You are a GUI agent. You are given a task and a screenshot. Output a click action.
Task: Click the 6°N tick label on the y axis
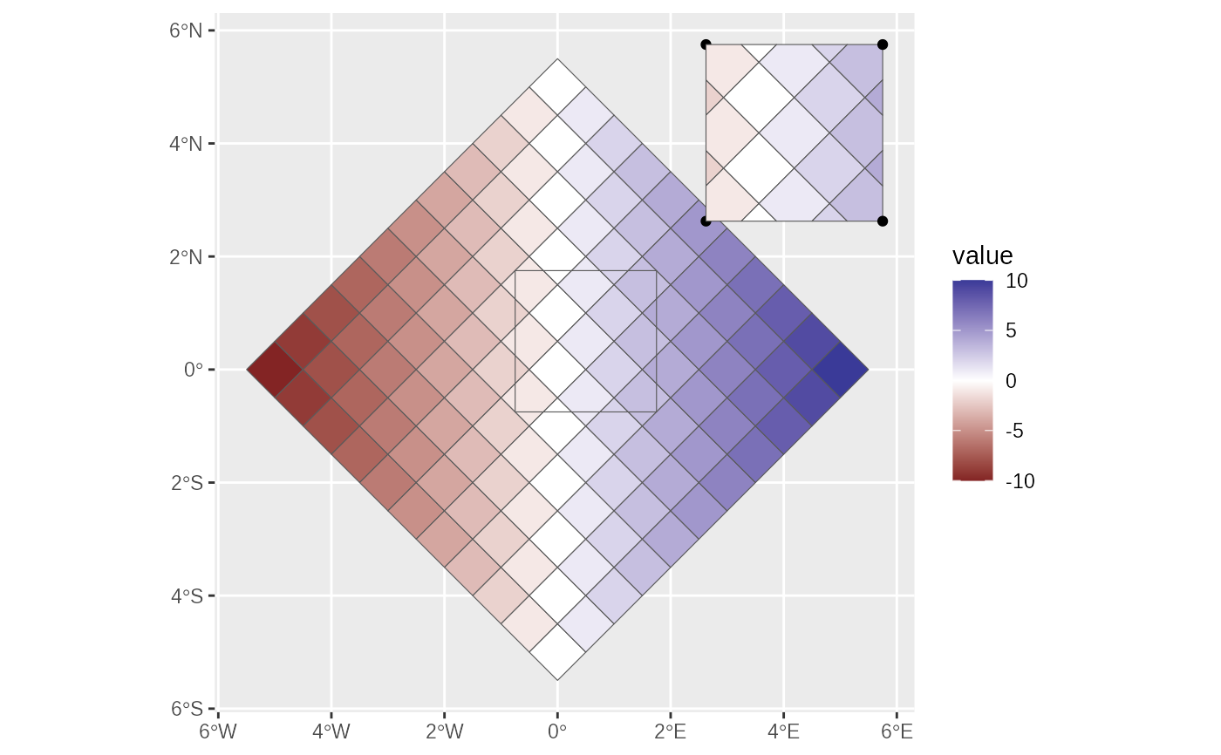186,31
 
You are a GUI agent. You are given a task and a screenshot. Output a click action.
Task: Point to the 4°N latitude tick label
186,144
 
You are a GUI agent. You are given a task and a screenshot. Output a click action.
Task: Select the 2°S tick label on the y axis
186,483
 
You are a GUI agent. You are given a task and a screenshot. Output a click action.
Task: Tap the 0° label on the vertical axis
193,370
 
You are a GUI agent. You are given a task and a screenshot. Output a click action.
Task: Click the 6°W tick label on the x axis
217,731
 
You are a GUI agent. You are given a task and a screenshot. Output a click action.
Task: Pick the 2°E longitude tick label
670,731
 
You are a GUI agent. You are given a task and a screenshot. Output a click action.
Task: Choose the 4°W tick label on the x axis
331,731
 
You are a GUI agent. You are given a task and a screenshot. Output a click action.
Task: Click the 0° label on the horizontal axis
557,731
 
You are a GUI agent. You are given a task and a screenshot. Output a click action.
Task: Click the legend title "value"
983,255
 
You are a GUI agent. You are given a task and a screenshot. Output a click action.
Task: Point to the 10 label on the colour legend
1017,282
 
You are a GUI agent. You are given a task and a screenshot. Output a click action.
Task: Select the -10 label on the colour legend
1020,481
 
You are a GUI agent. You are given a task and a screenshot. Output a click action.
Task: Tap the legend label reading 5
1012,331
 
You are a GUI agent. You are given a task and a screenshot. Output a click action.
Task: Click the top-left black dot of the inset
706,44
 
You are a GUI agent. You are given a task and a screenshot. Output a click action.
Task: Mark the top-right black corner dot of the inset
883,44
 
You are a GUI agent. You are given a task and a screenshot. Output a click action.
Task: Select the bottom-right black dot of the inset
883,221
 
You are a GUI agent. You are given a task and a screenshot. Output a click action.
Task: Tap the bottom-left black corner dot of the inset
706,221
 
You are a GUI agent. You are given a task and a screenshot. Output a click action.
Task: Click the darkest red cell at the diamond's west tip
275,370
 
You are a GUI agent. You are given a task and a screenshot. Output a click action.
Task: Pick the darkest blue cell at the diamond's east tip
840,370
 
